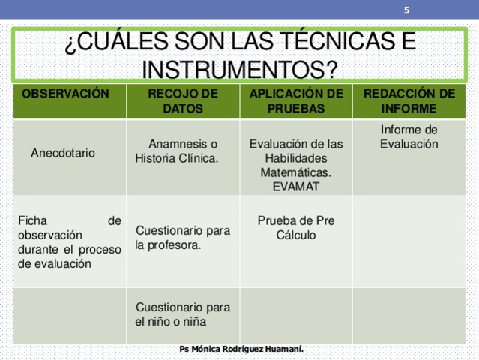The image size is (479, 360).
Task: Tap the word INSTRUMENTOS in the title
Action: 232,70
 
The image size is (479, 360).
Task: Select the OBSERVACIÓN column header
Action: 66,94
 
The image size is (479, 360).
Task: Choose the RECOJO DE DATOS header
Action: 183,101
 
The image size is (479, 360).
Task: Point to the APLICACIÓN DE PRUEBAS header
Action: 296,101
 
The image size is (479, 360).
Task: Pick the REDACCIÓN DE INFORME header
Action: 409,101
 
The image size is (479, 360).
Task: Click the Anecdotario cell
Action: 63,153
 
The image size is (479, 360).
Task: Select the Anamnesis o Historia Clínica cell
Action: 178,151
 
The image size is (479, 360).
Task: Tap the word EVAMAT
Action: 296,187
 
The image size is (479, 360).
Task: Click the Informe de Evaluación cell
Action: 409,136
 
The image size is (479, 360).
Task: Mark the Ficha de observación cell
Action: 69,242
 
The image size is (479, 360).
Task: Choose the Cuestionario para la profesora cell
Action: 183,238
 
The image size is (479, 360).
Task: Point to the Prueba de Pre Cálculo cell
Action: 296,228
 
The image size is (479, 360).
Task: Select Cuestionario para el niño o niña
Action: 183,314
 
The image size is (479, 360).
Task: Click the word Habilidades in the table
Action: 296,158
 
